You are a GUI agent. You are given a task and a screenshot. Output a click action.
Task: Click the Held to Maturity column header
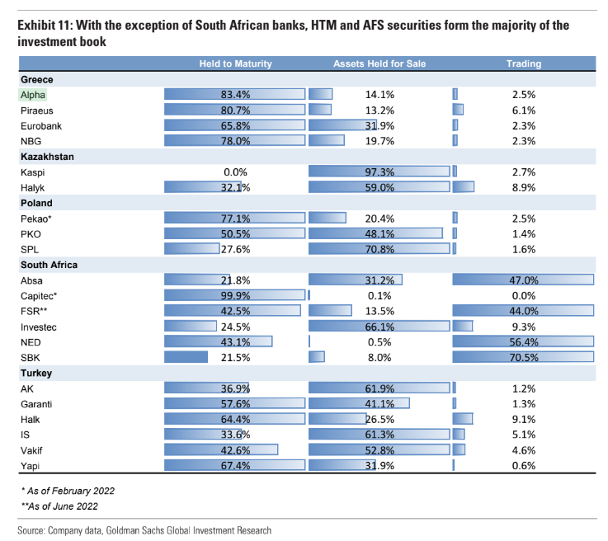235,64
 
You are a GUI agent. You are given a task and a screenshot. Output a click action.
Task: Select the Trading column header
523,64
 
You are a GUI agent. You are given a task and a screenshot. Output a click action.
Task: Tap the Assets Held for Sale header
379,64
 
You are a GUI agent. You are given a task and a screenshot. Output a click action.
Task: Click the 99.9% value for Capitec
235,296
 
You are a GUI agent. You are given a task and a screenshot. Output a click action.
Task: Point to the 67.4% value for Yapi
235,466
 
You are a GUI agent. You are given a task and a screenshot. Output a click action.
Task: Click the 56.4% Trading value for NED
523,342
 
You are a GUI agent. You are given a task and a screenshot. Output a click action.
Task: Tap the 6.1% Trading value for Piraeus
523,111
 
